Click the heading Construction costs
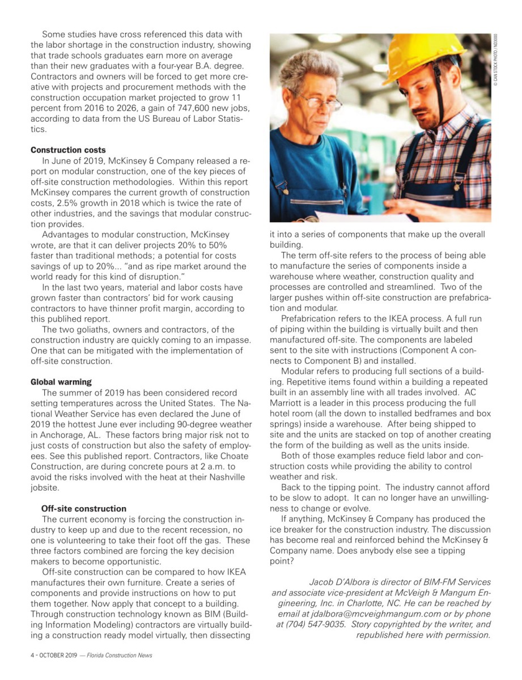(68, 150)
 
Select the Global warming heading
(61, 382)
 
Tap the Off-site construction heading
(84, 508)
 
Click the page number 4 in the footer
(32, 656)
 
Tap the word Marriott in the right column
(287, 403)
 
